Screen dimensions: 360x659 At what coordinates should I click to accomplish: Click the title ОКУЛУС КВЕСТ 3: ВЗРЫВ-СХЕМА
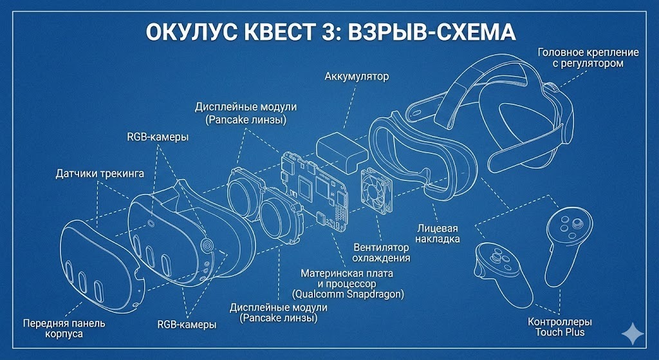coord(329,32)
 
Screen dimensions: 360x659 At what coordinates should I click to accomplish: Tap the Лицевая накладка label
coord(438,233)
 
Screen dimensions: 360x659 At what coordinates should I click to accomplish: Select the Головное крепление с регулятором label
coord(588,58)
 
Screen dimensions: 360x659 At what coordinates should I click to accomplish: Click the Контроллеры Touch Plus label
coord(559,327)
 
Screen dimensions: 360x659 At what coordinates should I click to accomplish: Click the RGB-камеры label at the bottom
coord(187,325)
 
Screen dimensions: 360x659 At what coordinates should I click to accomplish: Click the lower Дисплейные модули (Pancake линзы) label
coord(278,313)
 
